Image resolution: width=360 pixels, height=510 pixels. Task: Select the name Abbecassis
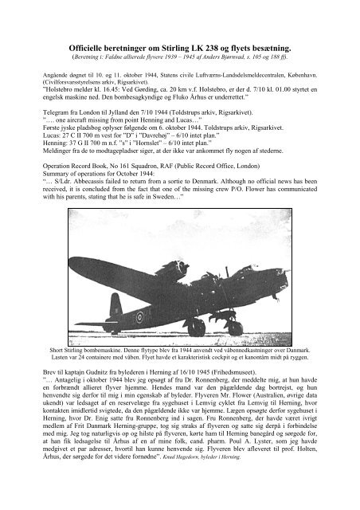tap(89, 216)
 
